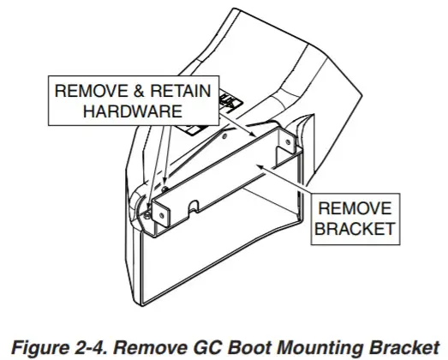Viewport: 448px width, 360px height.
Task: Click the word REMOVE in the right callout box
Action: point(354,208)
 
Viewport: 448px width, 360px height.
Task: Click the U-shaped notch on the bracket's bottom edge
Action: point(194,206)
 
